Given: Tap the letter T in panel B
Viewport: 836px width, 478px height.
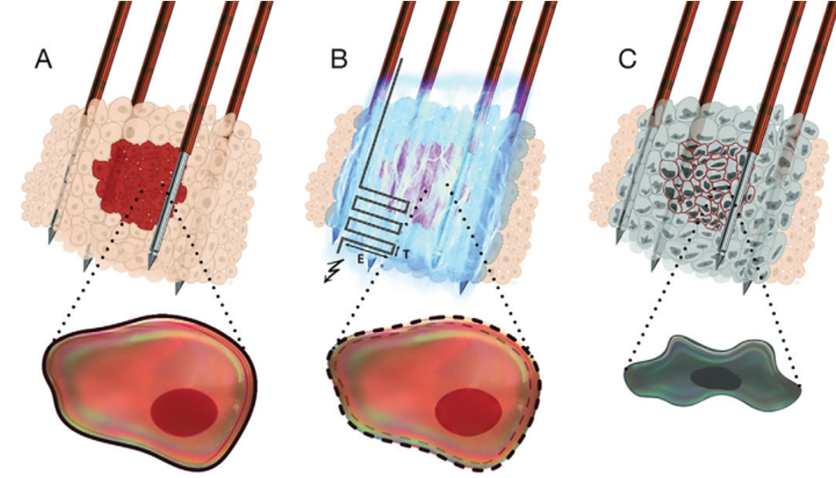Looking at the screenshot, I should [x=408, y=253].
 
